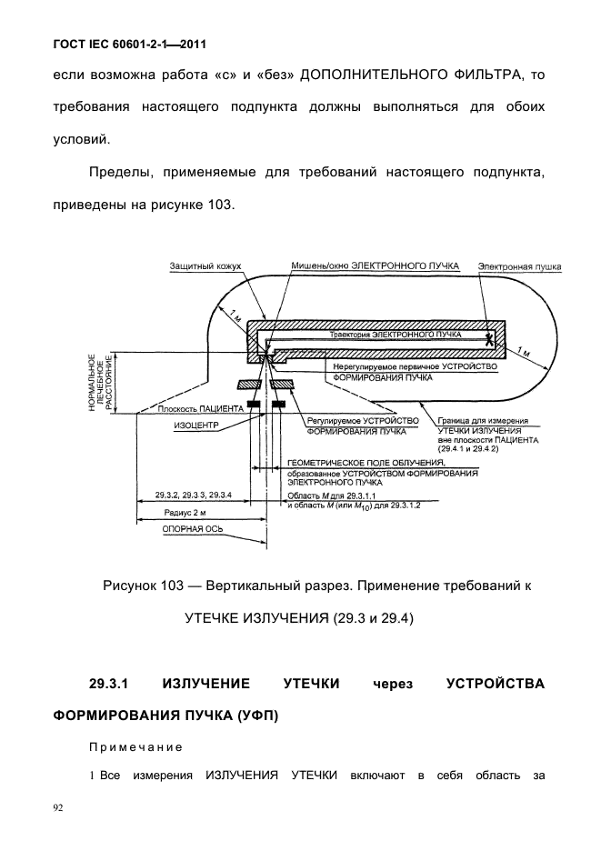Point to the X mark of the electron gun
tap(489, 339)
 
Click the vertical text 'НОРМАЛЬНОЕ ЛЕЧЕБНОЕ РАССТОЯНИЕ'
tap(100, 383)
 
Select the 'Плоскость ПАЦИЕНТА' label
tap(195, 408)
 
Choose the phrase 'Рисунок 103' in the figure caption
tap(148, 586)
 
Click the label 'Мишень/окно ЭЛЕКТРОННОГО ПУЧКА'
tap(374, 265)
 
